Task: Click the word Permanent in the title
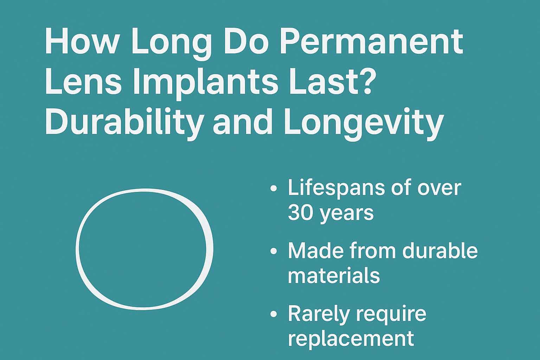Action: pyautogui.click(x=371, y=42)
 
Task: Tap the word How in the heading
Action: pyautogui.click(x=80, y=42)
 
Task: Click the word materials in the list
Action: pyautogui.click(x=334, y=275)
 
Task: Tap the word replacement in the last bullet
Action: pyautogui.click(x=351, y=338)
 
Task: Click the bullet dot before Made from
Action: pyautogui.click(x=273, y=251)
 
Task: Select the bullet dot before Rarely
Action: pyautogui.click(x=273, y=314)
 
